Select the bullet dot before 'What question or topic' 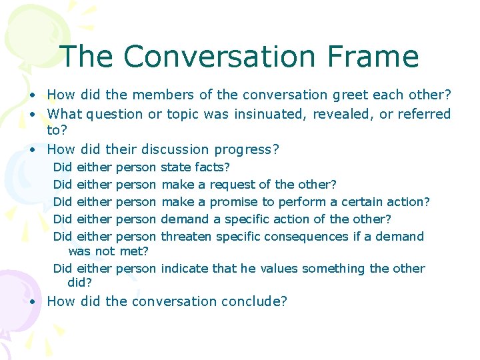[33, 114]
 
